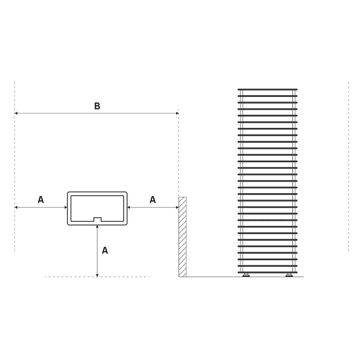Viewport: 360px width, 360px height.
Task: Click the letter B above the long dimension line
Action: point(97,106)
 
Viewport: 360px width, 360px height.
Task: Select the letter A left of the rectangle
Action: point(41,200)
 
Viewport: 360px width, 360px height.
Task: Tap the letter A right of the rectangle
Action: point(153,200)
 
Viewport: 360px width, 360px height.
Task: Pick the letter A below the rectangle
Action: point(105,250)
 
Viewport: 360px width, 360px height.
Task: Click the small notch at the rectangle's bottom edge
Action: point(97,219)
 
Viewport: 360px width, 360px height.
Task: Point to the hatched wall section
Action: point(183,237)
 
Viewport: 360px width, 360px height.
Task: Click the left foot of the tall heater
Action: point(246,275)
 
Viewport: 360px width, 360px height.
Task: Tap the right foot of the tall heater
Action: point(289,275)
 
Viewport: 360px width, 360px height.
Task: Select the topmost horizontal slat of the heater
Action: point(267,90)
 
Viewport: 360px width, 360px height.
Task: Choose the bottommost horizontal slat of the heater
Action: point(267,273)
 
